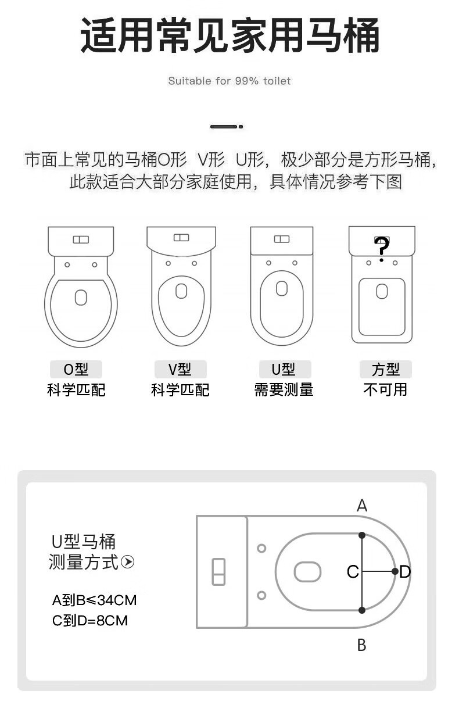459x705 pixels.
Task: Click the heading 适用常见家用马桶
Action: pyautogui.click(x=229, y=35)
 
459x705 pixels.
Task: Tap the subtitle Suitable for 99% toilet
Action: pyautogui.click(x=229, y=81)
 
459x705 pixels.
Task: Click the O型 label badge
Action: pyautogui.click(x=76, y=369)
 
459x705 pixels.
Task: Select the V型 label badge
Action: pyautogui.click(x=180, y=369)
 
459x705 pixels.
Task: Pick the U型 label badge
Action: pyautogui.click(x=284, y=369)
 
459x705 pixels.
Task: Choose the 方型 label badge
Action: pyautogui.click(x=385, y=369)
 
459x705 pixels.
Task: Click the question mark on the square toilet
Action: pyautogui.click(x=381, y=248)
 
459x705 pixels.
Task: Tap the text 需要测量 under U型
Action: pyautogui.click(x=284, y=389)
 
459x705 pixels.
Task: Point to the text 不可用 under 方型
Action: pyautogui.click(x=385, y=389)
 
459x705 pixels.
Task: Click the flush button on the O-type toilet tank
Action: pyautogui.click(x=81, y=239)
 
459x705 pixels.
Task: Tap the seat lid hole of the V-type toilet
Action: pyautogui.click(x=181, y=291)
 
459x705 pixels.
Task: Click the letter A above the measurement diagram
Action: pyautogui.click(x=362, y=506)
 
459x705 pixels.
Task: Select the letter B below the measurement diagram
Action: pyautogui.click(x=361, y=645)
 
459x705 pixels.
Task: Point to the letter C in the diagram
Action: pyautogui.click(x=352, y=572)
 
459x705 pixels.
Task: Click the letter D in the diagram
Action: pyautogui.click(x=405, y=572)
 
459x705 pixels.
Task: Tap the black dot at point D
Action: pyautogui.click(x=395, y=571)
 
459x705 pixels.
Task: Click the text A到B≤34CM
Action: pyautogui.click(x=94, y=600)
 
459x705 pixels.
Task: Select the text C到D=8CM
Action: pyautogui.click(x=90, y=621)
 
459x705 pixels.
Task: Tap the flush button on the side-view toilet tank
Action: pyautogui.click(x=218, y=571)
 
